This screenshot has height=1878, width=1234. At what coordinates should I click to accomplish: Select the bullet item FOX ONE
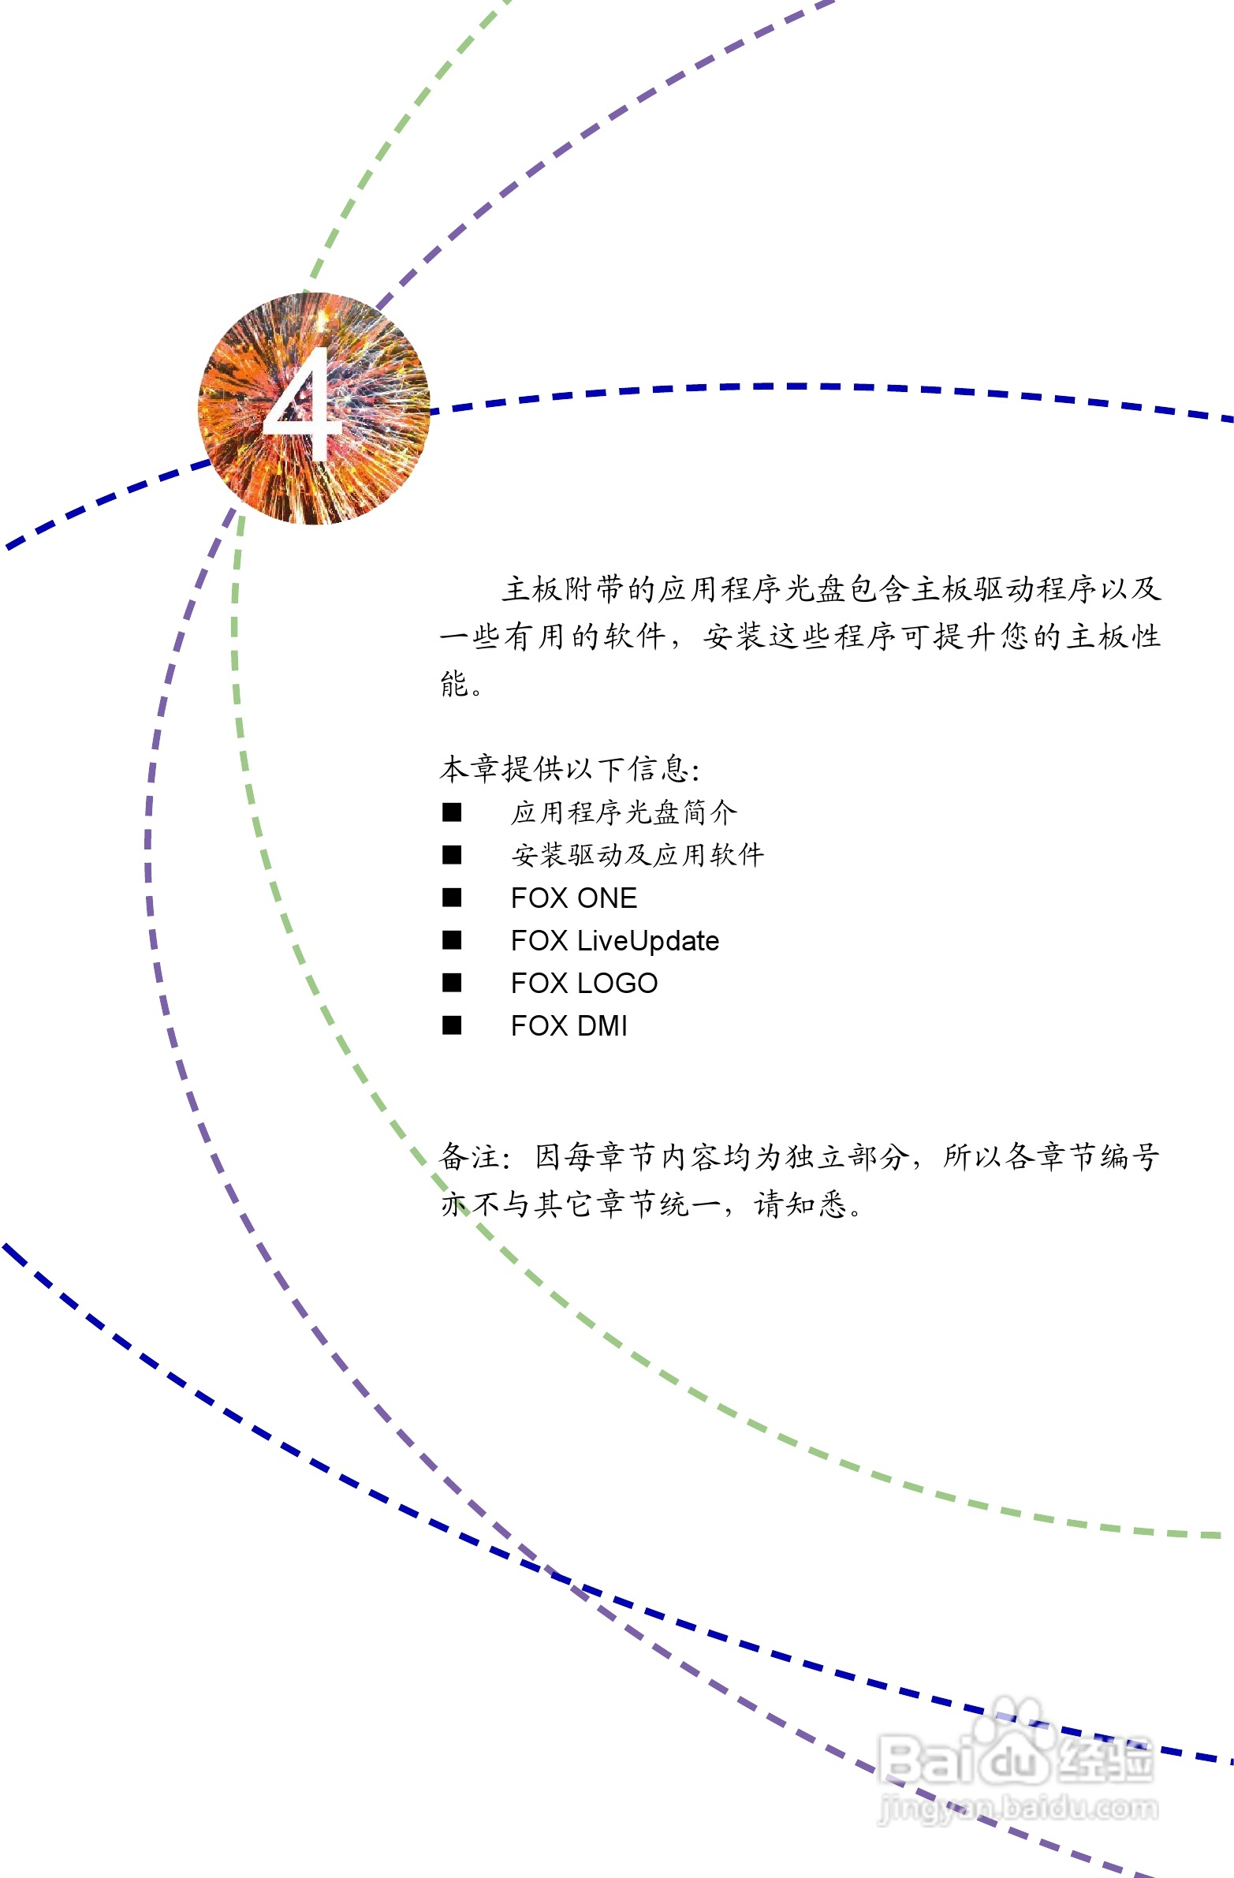[573, 898]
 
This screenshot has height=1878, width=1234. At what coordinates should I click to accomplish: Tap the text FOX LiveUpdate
[614, 941]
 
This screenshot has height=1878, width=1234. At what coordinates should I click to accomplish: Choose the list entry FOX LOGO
[583, 984]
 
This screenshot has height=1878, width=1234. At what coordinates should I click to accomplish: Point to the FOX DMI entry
[569, 1026]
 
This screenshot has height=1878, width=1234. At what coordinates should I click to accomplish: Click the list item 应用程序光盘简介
[624, 812]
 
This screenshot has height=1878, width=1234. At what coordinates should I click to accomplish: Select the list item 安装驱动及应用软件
[638, 854]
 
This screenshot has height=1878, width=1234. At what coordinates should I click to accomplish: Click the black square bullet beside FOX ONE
[452, 897]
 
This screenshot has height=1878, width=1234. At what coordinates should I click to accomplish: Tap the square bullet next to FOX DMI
[452, 1025]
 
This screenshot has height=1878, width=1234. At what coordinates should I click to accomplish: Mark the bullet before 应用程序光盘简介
[452, 812]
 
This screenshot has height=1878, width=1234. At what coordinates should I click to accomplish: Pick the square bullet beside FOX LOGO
[452, 983]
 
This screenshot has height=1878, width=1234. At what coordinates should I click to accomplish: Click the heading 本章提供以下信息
[568, 768]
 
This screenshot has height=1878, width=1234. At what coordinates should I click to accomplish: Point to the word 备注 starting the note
[469, 1157]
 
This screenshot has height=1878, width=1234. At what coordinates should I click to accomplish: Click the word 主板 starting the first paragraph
[532, 588]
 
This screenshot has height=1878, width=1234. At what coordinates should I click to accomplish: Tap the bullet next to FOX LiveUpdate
[452, 940]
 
